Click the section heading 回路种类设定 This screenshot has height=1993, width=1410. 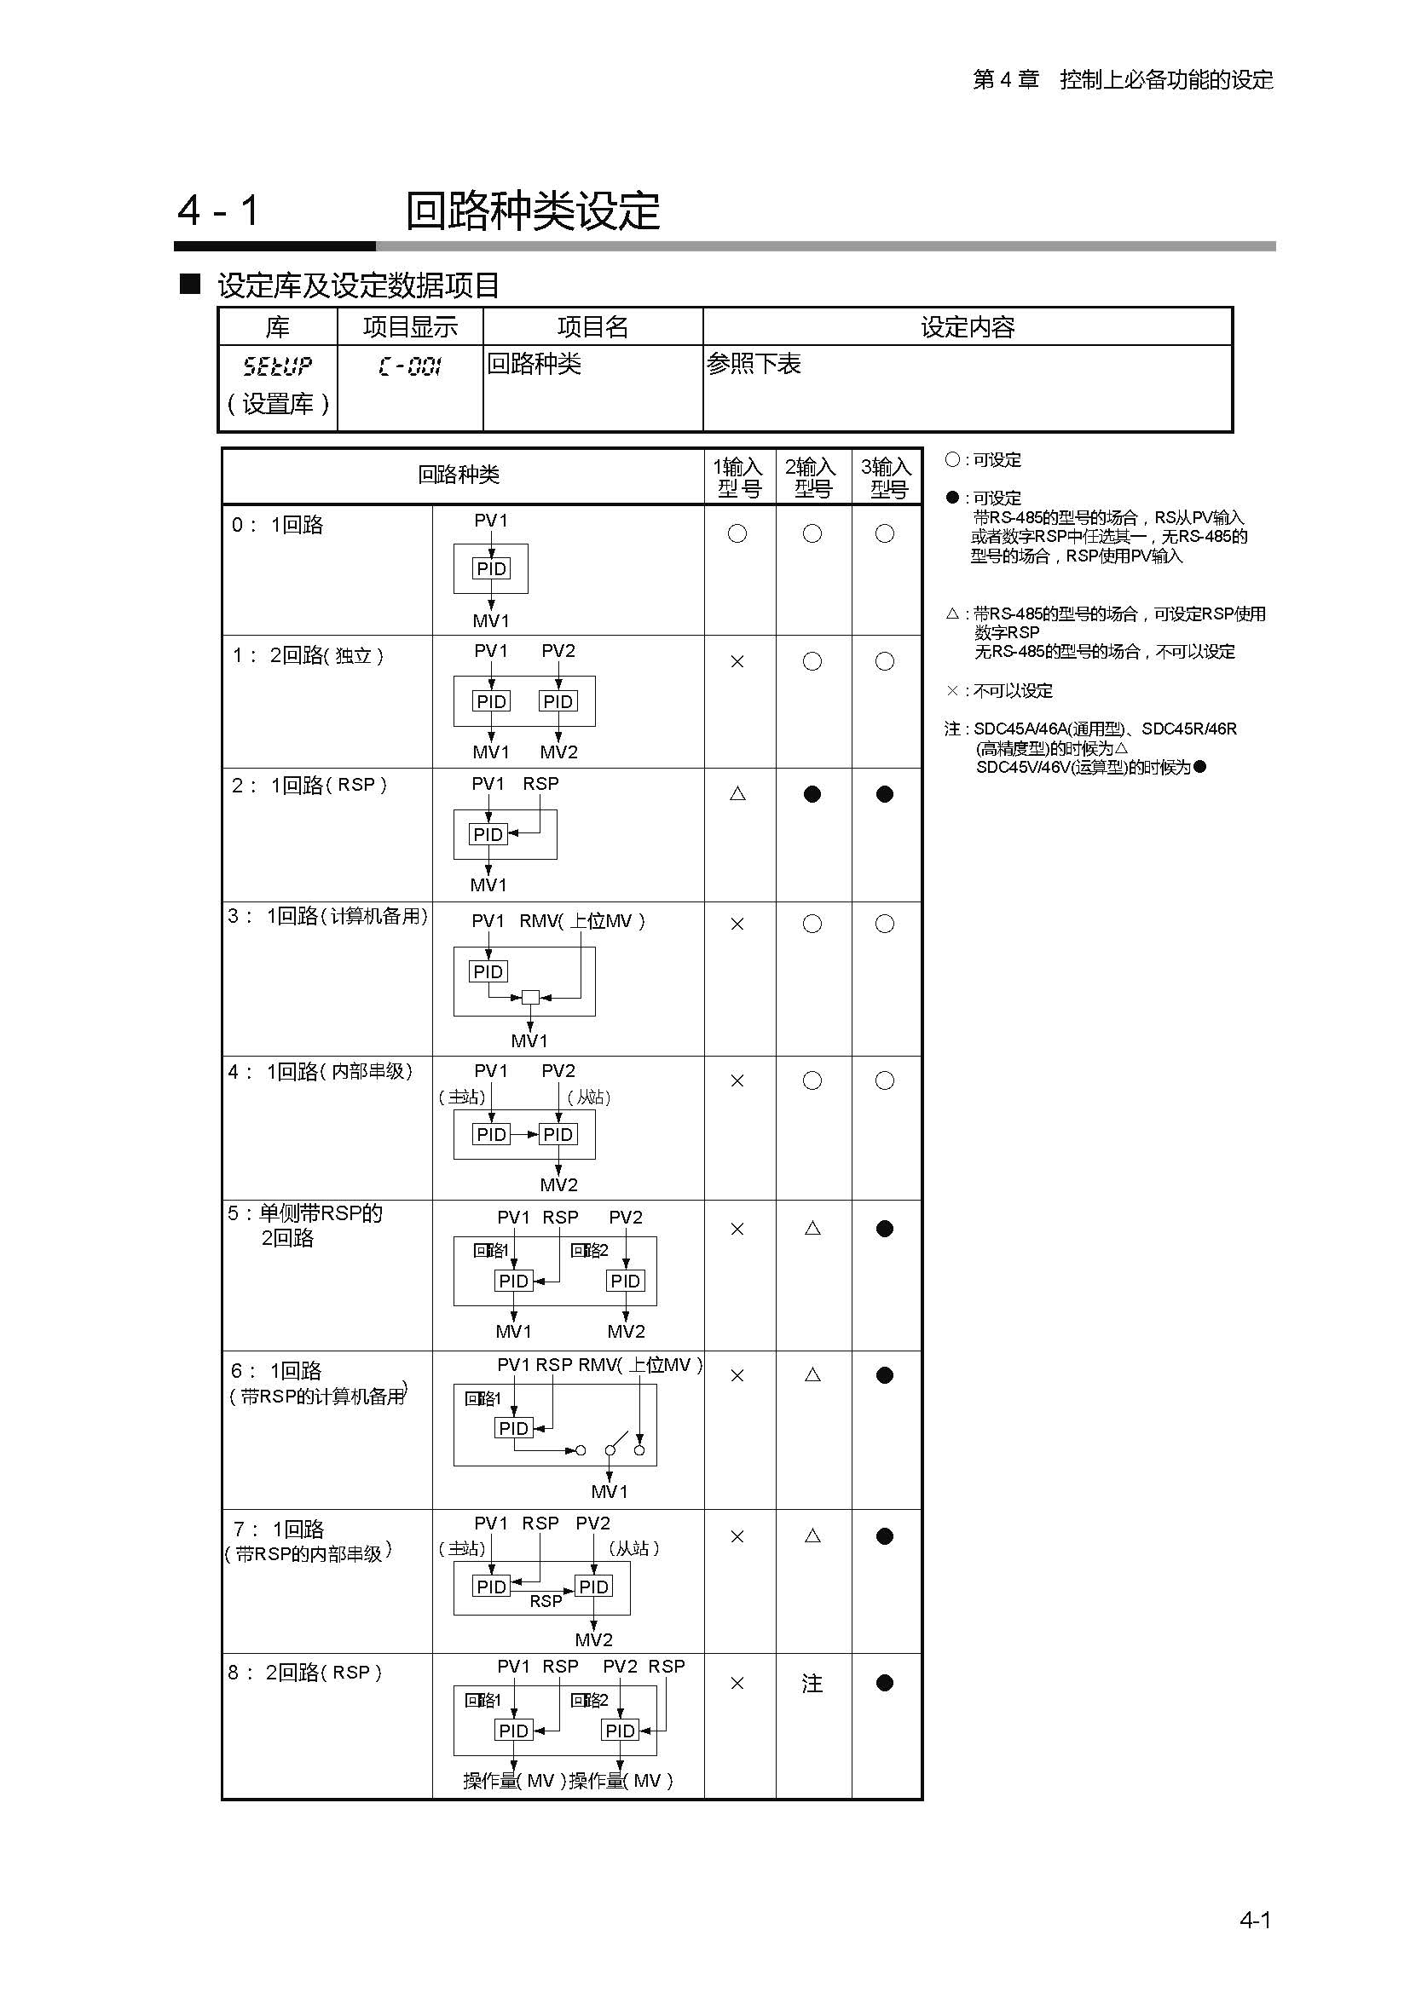(x=532, y=211)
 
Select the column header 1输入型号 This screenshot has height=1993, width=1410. (x=738, y=477)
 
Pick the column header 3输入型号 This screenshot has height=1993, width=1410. (x=886, y=477)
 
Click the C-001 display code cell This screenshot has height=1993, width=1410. (x=410, y=366)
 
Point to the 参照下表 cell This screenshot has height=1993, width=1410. (x=754, y=364)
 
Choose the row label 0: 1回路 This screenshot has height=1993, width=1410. (x=278, y=525)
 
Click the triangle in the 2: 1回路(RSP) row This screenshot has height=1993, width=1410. (x=738, y=793)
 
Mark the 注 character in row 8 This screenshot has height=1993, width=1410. (x=812, y=1684)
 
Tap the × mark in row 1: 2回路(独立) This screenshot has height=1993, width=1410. (x=737, y=661)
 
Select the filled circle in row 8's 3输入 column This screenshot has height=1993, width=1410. (x=885, y=1683)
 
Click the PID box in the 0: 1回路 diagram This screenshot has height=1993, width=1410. (x=491, y=568)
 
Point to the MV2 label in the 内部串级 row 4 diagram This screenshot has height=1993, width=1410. (x=558, y=1185)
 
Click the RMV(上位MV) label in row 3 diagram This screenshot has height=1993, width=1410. (x=581, y=921)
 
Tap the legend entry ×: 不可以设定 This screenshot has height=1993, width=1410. (x=999, y=691)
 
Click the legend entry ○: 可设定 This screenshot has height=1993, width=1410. (x=984, y=460)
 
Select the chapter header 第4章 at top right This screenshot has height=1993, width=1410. (x=1005, y=80)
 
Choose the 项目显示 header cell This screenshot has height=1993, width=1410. (x=410, y=327)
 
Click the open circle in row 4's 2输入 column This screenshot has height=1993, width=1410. (x=812, y=1080)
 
